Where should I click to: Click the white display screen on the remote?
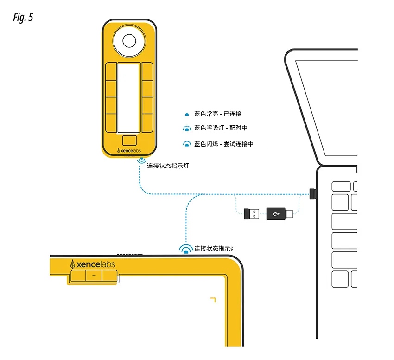[x=128, y=98]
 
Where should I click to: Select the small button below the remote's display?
[x=129, y=140]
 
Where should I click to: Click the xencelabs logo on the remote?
[x=129, y=151]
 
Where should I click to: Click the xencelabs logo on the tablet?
[x=93, y=264]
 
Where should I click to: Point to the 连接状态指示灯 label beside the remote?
[x=168, y=165]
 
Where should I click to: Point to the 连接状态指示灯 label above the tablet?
[x=215, y=248]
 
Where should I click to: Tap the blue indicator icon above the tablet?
[x=186, y=250]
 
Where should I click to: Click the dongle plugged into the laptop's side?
[x=313, y=193]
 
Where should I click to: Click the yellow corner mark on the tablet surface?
[x=213, y=299]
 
